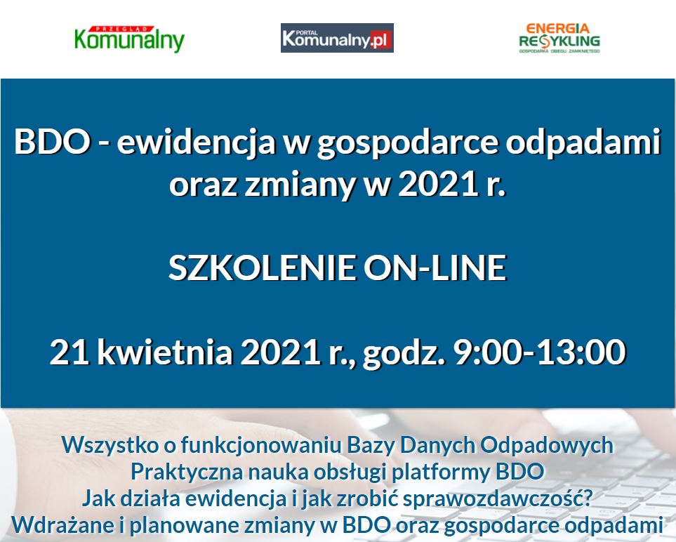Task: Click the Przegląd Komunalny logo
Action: pyautogui.click(x=129, y=39)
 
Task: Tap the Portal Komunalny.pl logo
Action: pyautogui.click(x=337, y=38)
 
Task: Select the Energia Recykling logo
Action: pyautogui.click(x=559, y=38)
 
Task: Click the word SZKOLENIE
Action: pyautogui.click(x=262, y=267)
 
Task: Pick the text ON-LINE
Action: pyautogui.click(x=435, y=267)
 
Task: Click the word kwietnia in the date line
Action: pyautogui.click(x=165, y=351)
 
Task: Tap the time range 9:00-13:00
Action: pyautogui.click(x=539, y=352)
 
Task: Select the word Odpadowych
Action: pyautogui.click(x=547, y=445)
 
